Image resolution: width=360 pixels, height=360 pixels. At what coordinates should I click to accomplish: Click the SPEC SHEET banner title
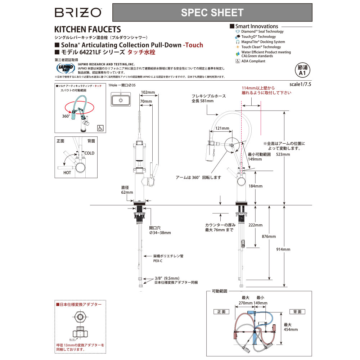click(212, 13)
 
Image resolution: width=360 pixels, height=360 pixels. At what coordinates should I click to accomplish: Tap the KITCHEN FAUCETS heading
click(87, 30)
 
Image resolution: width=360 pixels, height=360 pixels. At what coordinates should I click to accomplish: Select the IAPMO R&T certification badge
click(65, 68)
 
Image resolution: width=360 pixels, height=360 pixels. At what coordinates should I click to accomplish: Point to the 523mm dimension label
click(283, 154)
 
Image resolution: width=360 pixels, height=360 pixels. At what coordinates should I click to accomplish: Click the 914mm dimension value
click(283, 249)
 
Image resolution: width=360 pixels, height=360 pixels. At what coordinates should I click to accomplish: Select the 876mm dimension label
click(269, 237)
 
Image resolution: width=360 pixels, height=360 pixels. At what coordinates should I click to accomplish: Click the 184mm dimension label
click(255, 186)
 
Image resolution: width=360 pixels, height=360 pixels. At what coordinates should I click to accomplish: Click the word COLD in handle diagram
click(89, 153)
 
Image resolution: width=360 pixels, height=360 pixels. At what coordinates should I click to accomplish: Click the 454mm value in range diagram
click(291, 329)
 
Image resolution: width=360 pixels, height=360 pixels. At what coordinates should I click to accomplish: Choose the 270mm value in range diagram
click(246, 303)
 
